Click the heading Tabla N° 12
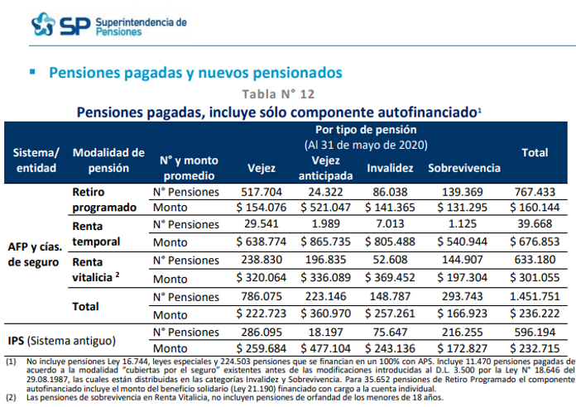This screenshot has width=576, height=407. tap(278, 93)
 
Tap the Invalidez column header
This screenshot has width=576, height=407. tap(390, 168)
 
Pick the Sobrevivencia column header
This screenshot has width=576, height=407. tap(464, 168)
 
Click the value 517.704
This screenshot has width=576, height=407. tap(262, 192)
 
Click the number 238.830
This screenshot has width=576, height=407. tap(262, 261)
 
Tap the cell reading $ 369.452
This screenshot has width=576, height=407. tap(390, 279)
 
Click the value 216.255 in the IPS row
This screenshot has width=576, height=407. tap(464, 332)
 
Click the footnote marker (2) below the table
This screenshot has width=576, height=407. tap(11, 397)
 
